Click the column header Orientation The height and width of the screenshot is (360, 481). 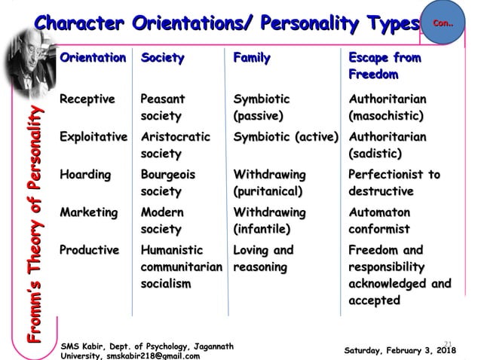point(93,58)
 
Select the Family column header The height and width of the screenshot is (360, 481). point(252,58)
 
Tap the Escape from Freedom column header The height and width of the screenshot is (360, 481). point(384,66)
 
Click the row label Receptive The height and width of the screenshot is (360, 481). point(87,99)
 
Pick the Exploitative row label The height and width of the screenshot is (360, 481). point(94,137)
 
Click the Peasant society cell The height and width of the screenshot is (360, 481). point(163,108)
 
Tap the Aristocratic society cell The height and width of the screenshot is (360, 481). point(175,145)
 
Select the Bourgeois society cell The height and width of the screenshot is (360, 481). point(167,183)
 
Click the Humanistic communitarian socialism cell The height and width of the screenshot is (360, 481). point(181,267)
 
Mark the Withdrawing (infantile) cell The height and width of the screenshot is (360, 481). point(269,221)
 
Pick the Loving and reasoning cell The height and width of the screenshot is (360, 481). point(263,258)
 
